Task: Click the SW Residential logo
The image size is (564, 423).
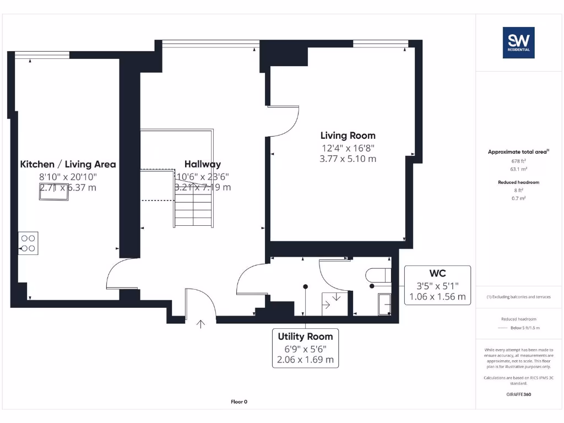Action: pyautogui.click(x=518, y=43)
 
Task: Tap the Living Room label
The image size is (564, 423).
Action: pyautogui.click(x=348, y=135)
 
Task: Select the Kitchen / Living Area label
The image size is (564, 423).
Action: pyautogui.click(x=68, y=164)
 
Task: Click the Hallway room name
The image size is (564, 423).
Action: pyautogui.click(x=202, y=164)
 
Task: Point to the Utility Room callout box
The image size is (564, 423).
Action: pyautogui.click(x=305, y=348)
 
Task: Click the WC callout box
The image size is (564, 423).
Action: pyautogui.click(x=438, y=285)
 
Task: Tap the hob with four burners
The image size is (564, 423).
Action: pyautogui.click(x=29, y=243)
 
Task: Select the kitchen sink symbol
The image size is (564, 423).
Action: pyautogui.click(x=53, y=195)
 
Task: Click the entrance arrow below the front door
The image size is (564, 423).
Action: pyautogui.click(x=201, y=325)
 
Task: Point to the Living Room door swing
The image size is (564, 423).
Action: pyautogui.click(x=284, y=121)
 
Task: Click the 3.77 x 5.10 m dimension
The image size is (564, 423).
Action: pyautogui.click(x=348, y=159)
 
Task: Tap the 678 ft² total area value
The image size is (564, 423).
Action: pyautogui.click(x=518, y=161)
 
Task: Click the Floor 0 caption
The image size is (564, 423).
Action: pyautogui.click(x=239, y=402)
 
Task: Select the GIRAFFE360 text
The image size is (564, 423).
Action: pyautogui.click(x=518, y=394)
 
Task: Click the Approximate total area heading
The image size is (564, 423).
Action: pyautogui.click(x=518, y=152)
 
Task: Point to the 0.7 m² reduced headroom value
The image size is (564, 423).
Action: pyautogui.click(x=518, y=197)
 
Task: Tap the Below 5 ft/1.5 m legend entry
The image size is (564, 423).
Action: pyautogui.click(x=524, y=328)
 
